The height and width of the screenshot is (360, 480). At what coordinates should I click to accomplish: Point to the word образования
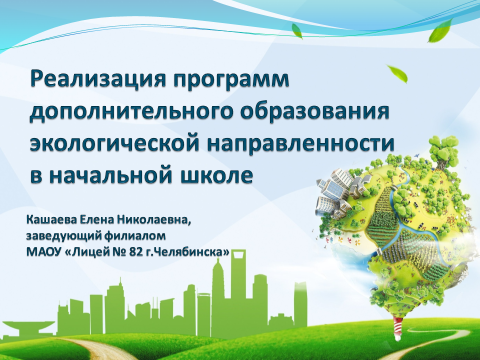tap(315, 110)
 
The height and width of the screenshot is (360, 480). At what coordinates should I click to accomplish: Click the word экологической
tap(114, 144)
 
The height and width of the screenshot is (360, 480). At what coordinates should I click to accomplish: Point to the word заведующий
tap(64, 237)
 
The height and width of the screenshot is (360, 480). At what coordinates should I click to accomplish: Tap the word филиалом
tap(135, 236)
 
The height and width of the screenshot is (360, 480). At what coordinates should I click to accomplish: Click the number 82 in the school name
tap(136, 252)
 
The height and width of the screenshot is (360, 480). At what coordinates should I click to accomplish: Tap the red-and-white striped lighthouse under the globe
tap(398, 328)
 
